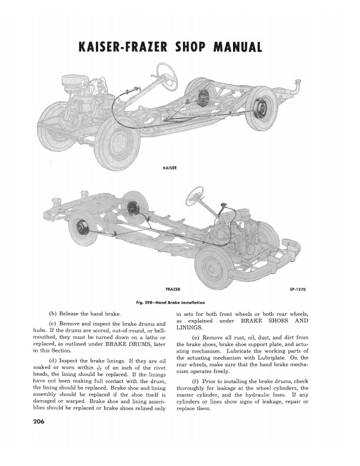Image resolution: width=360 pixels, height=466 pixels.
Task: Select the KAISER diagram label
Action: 169,168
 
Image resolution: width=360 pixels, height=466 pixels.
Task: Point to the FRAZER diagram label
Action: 173,289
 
